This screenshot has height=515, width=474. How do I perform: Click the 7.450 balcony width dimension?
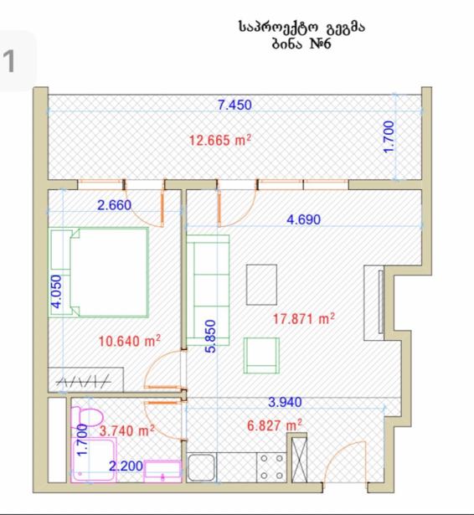[234, 105]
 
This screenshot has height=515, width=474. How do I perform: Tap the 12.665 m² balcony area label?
[220, 140]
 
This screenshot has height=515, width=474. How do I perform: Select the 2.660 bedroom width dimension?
[114, 205]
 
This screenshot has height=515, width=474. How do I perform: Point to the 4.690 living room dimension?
[303, 219]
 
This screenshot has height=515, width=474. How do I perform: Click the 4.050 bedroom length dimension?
[56, 291]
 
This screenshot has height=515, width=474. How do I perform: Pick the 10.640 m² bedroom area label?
[130, 341]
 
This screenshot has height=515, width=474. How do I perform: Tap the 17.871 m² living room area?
[304, 318]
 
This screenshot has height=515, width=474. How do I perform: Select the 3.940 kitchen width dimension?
[285, 402]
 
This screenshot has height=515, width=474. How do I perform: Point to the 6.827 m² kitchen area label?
[275, 425]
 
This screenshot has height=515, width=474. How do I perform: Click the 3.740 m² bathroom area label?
[126, 430]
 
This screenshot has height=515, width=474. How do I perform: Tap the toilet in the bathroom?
[87, 417]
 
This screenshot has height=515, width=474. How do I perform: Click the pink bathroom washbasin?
[162, 471]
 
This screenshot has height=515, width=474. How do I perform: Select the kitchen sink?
[202, 467]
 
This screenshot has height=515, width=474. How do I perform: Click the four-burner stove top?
[271, 467]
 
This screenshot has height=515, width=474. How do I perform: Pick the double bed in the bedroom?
[99, 272]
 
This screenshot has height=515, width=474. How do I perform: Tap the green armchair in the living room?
[261, 356]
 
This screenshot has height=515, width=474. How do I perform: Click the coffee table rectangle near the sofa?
[261, 285]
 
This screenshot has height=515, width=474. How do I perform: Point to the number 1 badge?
[9, 61]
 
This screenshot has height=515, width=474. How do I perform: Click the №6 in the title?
[320, 44]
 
